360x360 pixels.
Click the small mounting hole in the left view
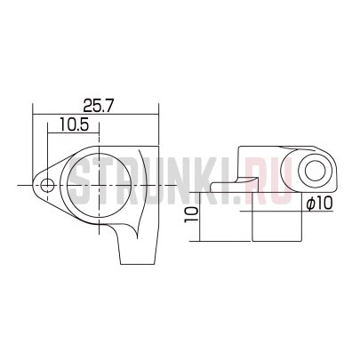tap(47, 186)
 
